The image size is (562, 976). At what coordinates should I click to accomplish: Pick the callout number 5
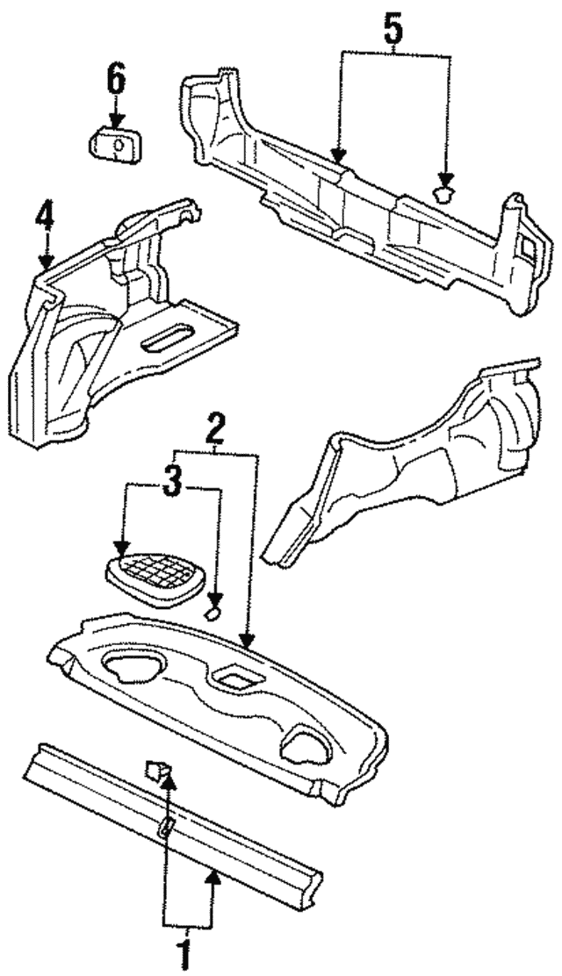click(x=393, y=32)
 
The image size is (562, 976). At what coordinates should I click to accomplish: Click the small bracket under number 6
click(x=117, y=144)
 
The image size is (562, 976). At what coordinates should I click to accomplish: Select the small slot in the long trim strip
click(x=166, y=826)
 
